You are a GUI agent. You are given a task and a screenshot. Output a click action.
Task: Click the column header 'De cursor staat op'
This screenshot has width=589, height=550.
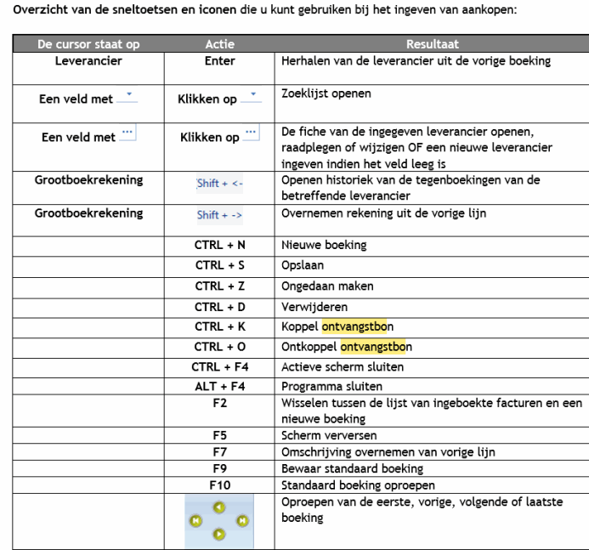(88, 44)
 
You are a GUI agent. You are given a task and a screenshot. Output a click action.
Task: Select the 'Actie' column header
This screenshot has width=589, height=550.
(219, 44)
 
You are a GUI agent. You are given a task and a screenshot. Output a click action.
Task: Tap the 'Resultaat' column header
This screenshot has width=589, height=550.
(432, 44)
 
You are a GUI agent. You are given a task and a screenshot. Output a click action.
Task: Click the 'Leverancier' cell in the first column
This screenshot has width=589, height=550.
(88, 61)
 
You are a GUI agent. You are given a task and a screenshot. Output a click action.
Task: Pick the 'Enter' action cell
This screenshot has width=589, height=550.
(219, 61)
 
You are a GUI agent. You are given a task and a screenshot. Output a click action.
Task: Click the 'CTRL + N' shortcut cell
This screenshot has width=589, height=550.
(219, 245)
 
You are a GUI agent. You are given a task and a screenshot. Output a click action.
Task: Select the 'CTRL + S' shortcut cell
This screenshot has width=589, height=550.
(219, 265)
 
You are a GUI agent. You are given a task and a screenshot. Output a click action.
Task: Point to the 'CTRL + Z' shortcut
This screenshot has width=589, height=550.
(219, 286)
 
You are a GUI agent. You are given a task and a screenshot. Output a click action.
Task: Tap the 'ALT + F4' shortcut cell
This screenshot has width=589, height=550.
(219, 386)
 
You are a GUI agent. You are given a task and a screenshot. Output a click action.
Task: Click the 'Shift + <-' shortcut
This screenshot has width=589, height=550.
(219, 183)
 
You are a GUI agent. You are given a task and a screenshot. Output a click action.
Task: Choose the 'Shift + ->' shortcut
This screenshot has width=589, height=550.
(219, 214)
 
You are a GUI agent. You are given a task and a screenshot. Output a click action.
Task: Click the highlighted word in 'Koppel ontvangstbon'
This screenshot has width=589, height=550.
(357, 326)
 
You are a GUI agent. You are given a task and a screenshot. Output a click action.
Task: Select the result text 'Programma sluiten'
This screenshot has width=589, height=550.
(325, 386)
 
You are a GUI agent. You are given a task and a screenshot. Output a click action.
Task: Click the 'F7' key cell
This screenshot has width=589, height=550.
(219, 452)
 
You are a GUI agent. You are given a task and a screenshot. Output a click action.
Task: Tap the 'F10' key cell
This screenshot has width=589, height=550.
(219, 485)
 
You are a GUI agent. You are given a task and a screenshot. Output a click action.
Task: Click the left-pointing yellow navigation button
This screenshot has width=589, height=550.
(196, 520)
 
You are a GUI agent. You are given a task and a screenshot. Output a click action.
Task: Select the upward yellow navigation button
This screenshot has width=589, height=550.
(219, 507)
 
